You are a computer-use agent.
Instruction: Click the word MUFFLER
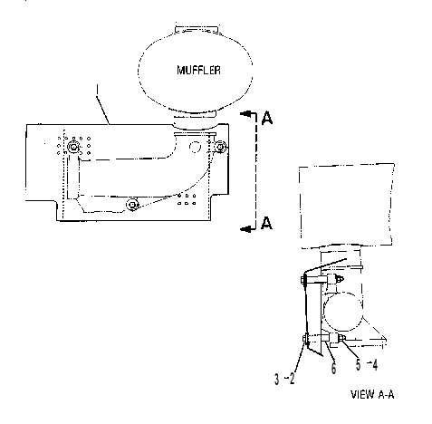[198, 70]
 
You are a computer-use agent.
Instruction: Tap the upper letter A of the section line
[267, 118]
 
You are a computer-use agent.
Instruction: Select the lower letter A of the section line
[266, 223]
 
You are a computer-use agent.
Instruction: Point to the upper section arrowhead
[246, 114]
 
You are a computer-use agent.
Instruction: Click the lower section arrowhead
[246, 229]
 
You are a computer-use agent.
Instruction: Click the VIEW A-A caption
[372, 394]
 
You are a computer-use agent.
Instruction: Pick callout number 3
[277, 379]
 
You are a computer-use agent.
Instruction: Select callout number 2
[292, 379]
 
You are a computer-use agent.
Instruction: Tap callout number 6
[333, 368]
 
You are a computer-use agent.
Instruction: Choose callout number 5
[358, 364]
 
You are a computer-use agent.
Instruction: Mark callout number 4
[375, 364]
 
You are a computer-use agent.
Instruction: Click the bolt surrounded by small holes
[73, 147]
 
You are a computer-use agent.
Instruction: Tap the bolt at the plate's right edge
[221, 147]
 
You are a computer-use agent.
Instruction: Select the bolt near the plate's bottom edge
[132, 205]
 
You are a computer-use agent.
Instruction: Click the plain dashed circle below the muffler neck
[195, 147]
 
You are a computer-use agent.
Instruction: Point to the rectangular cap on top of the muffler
[197, 29]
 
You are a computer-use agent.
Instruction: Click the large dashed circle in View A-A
[342, 312]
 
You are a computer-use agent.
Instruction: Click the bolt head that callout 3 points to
[305, 339]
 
